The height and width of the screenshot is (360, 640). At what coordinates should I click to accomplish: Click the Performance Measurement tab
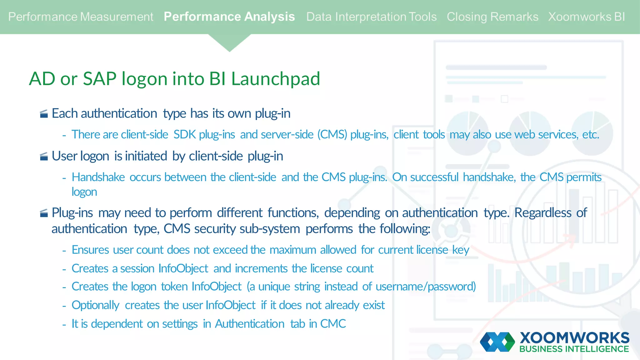81,17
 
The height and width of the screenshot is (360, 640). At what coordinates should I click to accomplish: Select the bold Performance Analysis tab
229,17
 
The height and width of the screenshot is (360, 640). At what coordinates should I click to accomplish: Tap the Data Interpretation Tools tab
371,17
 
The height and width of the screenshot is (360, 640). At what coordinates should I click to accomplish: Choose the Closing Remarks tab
492,17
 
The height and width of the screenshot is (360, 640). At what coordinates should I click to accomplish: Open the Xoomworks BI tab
586,17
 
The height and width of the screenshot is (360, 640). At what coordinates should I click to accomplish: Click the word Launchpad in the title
275,79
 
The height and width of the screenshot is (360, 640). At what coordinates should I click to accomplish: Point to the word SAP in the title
100,79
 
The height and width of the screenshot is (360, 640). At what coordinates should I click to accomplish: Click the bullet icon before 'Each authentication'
44,114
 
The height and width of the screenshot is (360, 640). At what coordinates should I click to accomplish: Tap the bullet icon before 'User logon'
44,156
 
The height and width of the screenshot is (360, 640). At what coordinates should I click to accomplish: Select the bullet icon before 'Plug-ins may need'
44,213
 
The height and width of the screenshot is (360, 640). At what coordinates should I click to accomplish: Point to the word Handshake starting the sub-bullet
98,177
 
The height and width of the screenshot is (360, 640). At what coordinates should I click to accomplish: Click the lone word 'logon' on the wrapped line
84,192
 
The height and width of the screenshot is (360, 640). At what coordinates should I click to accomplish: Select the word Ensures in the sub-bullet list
90,250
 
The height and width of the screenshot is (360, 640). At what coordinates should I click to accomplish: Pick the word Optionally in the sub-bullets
95,305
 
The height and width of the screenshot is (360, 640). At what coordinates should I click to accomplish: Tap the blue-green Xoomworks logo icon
497,342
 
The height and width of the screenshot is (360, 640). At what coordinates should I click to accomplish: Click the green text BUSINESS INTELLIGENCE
574,349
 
